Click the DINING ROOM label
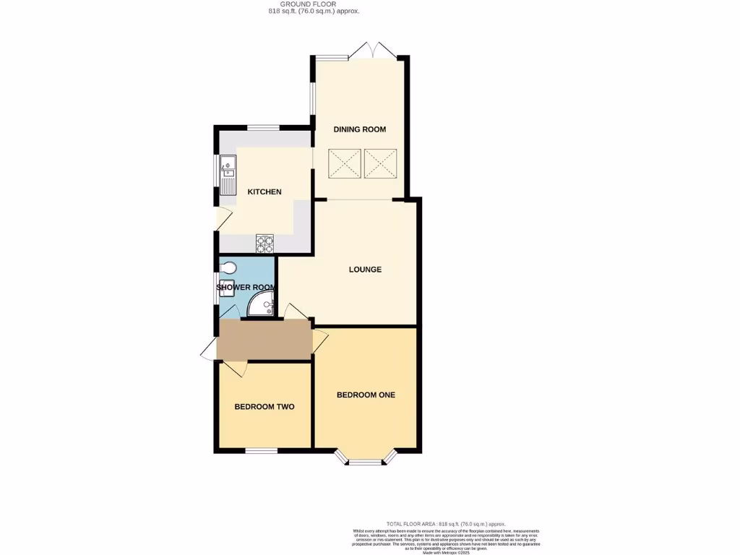pyautogui.click(x=359, y=129)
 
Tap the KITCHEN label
pyautogui.click(x=264, y=192)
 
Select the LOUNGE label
pyautogui.click(x=365, y=270)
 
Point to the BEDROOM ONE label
pyautogui.click(x=366, y=395)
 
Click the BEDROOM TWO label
pyautogui.click(x=264, y=407)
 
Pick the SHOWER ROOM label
pyautogui.click(x=246, y=288)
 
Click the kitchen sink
pyautogui.click(x=228, y=176)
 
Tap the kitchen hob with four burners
pyautogui.click(x=265, y=244)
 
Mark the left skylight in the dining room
pyautogui.click(x=344, y=163)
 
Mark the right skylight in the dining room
pyautogui.click(x=380, y=163)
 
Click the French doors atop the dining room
pyautogui.click(x=371, y=52)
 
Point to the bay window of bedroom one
pyautogui.click(x=366, y=458)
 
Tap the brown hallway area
pyautogui.click(x=264, y=340)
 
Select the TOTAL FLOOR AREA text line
pyautogui.click(x=446, y=524)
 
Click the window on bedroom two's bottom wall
pyautogui.click(x=262, y=452)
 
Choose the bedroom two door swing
pyautogui.click(x=235, y=369)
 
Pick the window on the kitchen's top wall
pyautogui.click(x=264, y=128)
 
